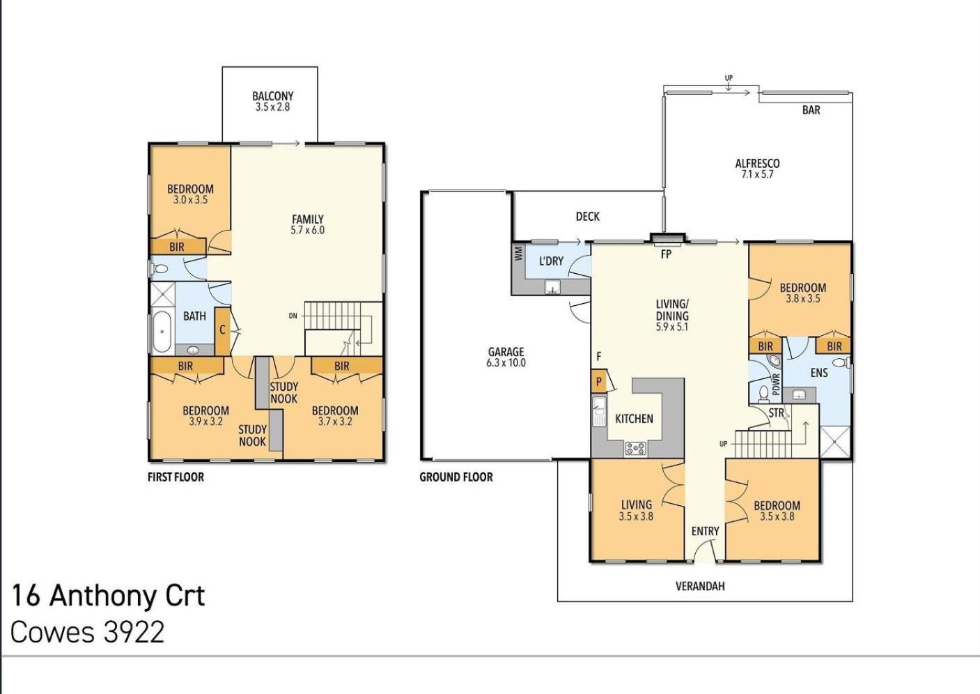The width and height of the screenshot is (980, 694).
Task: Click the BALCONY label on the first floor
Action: [x=272, y=96]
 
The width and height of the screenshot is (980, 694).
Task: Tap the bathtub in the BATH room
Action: [x=162, y=331]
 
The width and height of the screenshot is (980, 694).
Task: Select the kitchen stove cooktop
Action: [x=635, y=448]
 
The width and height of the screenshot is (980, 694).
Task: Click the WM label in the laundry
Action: [x=519, y=254]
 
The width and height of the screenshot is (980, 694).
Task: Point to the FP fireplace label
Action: [x=665, y=254]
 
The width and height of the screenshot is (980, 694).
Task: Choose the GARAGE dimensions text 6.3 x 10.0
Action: [x=506, y=363]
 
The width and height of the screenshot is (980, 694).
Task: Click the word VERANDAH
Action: [x=700, y=586]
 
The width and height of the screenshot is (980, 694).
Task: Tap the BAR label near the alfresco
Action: [x=811, y=110]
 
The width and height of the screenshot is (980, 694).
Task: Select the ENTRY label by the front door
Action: [x=706, y=531]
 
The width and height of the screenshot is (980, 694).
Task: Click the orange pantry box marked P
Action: [x=598, y=382]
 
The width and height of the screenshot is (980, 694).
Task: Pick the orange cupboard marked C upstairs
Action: [x=222, y=331]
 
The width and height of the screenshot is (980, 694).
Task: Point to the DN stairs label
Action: [x=293, y=316]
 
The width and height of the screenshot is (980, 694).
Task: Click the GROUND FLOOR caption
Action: [x=456, y=477]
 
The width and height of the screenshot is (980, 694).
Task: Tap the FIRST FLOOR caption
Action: [x=176, y=477]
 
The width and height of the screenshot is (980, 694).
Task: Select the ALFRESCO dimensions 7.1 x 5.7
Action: [x=757, y=174]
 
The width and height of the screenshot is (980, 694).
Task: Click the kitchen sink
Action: [x=599, y=411]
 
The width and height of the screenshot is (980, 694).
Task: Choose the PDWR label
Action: [x=777, y=384]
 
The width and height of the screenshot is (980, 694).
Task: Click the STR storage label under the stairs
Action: [x=777, y=412]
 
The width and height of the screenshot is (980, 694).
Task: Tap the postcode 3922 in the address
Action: [x=133, y=632]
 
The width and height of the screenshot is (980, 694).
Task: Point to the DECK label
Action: [x=588, y=217]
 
